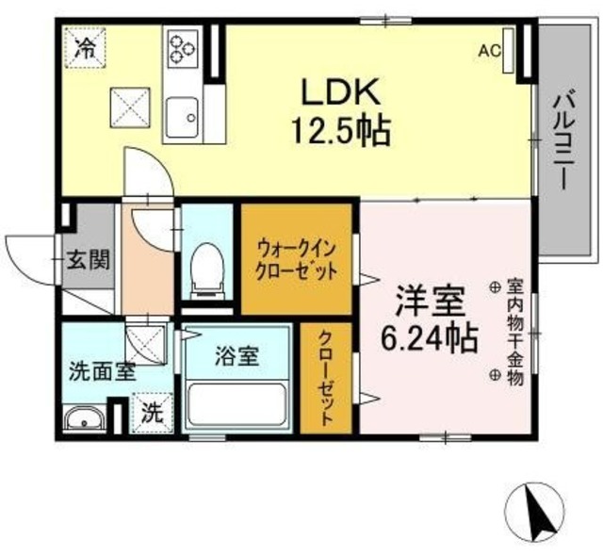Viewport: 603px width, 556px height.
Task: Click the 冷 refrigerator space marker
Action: pyautogui.click(x=85, y=48)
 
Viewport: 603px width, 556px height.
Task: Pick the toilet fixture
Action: pyautogui.click(x=204, y=268)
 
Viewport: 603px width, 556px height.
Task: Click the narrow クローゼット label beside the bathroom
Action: pyautogui.click(x=323, y=378)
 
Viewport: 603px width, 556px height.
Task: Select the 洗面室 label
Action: pyautogui.click(x=102, y=370)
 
